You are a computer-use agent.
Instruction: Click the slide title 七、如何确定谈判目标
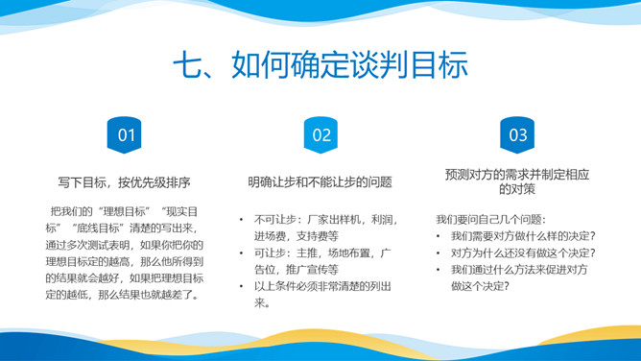pos(320,67)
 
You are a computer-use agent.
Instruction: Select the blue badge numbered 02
pos(320,135)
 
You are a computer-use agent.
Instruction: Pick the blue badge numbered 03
pos(517,135)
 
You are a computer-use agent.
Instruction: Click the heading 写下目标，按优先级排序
pos(123,181)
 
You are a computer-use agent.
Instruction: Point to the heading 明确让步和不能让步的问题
pos(320,181)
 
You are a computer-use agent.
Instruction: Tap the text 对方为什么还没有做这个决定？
pos(523,253)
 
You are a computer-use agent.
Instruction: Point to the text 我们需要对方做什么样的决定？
pos(523,236)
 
